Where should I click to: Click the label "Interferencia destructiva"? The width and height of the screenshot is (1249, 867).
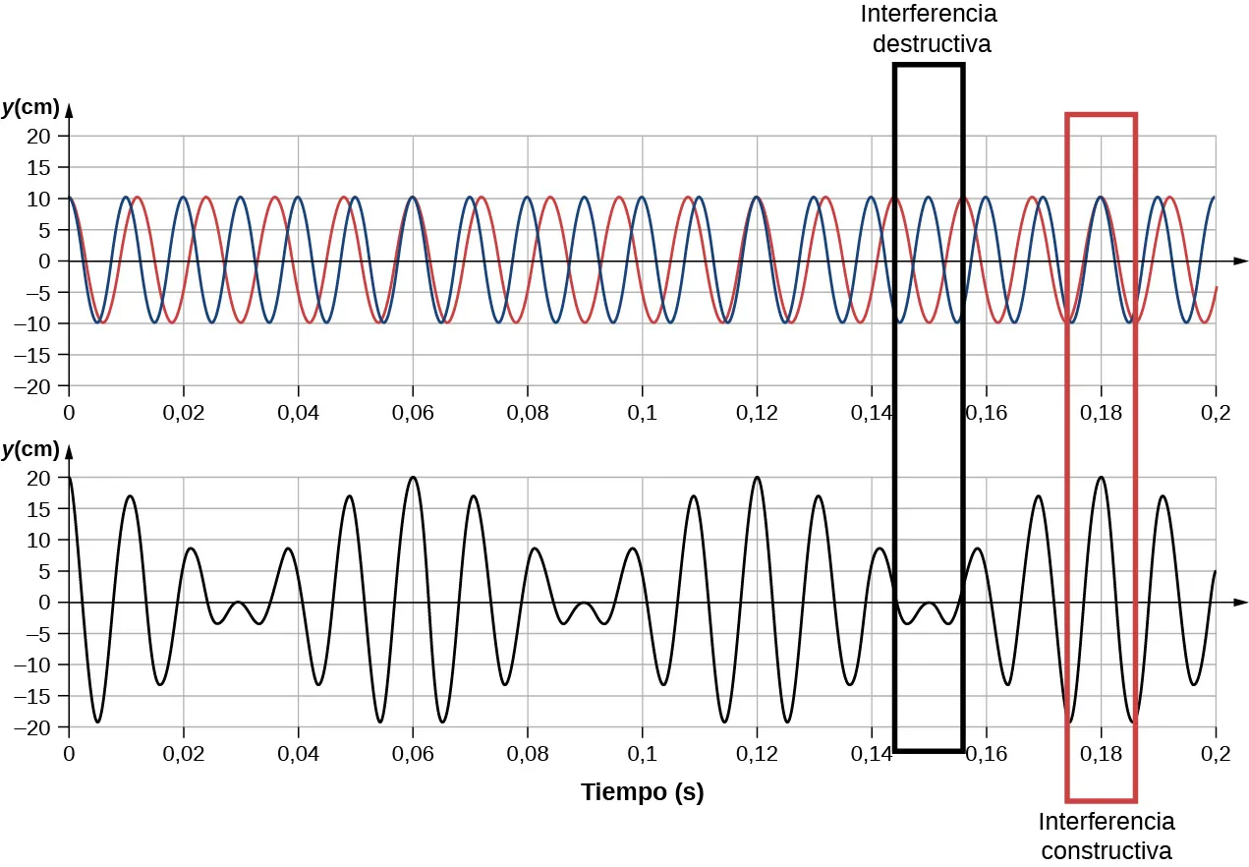click(x=928, y=29)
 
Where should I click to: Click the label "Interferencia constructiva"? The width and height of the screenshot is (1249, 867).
click(x=1106, y=835)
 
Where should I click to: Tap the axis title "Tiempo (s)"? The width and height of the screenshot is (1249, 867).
click(x=642, y=792)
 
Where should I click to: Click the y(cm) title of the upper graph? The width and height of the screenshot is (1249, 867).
click(x=30, y=107)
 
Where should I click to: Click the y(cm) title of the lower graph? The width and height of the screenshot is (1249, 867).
click(x=30, y=449)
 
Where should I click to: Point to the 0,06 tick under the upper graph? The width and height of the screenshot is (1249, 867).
click(x=413, y=412)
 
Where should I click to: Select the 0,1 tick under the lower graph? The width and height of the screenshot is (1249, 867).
click(x=643, y=754)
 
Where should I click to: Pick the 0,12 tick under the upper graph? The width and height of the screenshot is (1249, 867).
click(x=757, y=412)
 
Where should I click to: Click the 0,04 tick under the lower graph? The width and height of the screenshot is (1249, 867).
click(x=298, y=754)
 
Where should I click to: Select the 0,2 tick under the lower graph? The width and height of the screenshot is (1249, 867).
click(x=1216, y=754)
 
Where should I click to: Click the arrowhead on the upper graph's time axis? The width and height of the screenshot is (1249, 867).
click(x=1241, y=261)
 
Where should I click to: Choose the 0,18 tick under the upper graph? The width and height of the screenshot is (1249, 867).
click(x=1101, y=412)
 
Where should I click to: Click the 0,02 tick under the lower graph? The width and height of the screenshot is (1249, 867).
click(x=184, y=754)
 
